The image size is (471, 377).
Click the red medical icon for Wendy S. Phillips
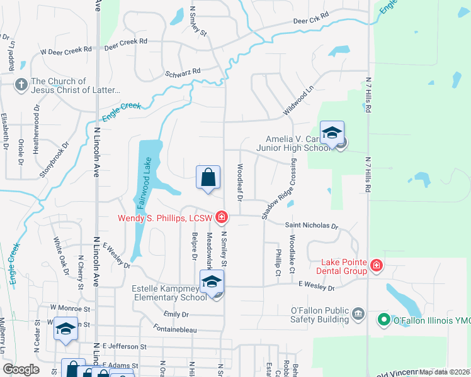pyautogui.click(x=221, y=218)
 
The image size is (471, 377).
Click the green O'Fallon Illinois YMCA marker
pyautogui.click(x=383, y=320)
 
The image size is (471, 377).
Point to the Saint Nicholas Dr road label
pyautogui.click(x=311, y=226)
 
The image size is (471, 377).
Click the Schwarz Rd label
pyautogui.click(x=183, y=72)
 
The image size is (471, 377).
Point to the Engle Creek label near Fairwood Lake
pyautogui.click(x=121, y=111)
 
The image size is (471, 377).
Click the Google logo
pyautogui.click(x=21, y=369)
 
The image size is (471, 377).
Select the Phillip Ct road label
pyautogui.click(x=278, y=263)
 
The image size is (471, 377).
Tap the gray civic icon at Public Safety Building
pyautogui.click(x=358, y=313)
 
